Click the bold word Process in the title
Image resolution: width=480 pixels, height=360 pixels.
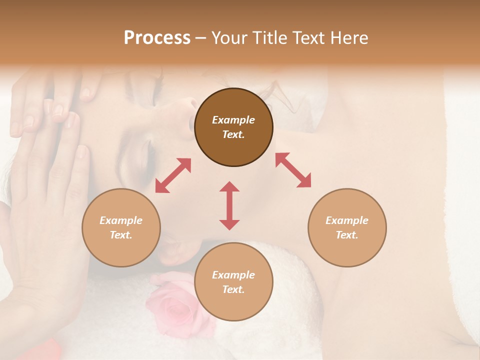(x=157, y=38)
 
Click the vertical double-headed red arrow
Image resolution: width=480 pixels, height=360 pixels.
(x=229, y=205)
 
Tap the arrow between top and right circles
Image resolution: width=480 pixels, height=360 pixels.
(x=293, y=170)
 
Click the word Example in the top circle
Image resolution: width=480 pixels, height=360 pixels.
(x=233, y=120)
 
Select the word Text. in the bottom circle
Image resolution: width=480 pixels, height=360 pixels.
(x=233, y=289)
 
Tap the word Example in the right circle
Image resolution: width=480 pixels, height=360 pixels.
(x=347, y=220)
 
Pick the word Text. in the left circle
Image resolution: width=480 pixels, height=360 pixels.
(x=121, y=235)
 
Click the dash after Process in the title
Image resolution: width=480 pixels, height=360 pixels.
(x=200, y=38)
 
